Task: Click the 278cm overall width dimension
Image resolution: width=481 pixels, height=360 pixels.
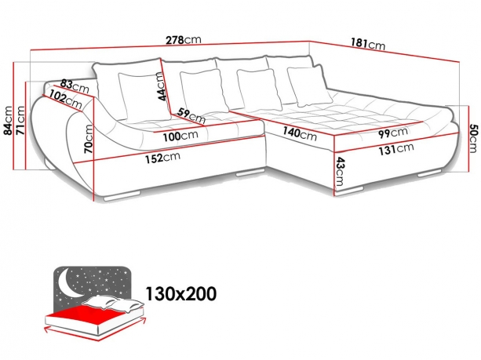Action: pos(184,40)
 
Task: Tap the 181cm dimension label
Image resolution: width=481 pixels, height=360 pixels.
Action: pos(368,44)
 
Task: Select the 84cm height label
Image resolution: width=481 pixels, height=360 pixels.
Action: pos(7,121)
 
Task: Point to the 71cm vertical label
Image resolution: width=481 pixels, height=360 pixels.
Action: pos(20,121)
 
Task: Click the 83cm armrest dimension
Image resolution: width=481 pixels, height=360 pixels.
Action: pos(75,86)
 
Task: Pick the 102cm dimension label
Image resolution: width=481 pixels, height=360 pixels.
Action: pos(66,99)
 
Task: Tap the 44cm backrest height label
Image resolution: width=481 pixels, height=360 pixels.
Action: pos(162,86)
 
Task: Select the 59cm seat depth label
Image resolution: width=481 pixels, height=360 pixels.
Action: pos(191,115)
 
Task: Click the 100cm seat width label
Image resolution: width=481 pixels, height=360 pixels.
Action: pos(180,136)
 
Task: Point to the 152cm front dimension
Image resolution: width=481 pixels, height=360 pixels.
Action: pos(162,158)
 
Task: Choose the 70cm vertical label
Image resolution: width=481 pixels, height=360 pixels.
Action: pos(89,139)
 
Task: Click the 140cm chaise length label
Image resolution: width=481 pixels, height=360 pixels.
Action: pos(300,133)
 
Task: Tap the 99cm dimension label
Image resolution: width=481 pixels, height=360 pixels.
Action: pos(393,133)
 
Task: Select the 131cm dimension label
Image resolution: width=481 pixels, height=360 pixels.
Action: pos(396,149)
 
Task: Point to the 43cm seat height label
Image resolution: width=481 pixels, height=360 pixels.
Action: pos(339,172)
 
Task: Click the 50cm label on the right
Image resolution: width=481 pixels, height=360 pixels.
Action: pos(473,138)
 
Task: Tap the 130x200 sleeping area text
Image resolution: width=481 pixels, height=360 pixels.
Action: pos(180,293)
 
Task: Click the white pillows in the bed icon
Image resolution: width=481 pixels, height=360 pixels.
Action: pos(114,304)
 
